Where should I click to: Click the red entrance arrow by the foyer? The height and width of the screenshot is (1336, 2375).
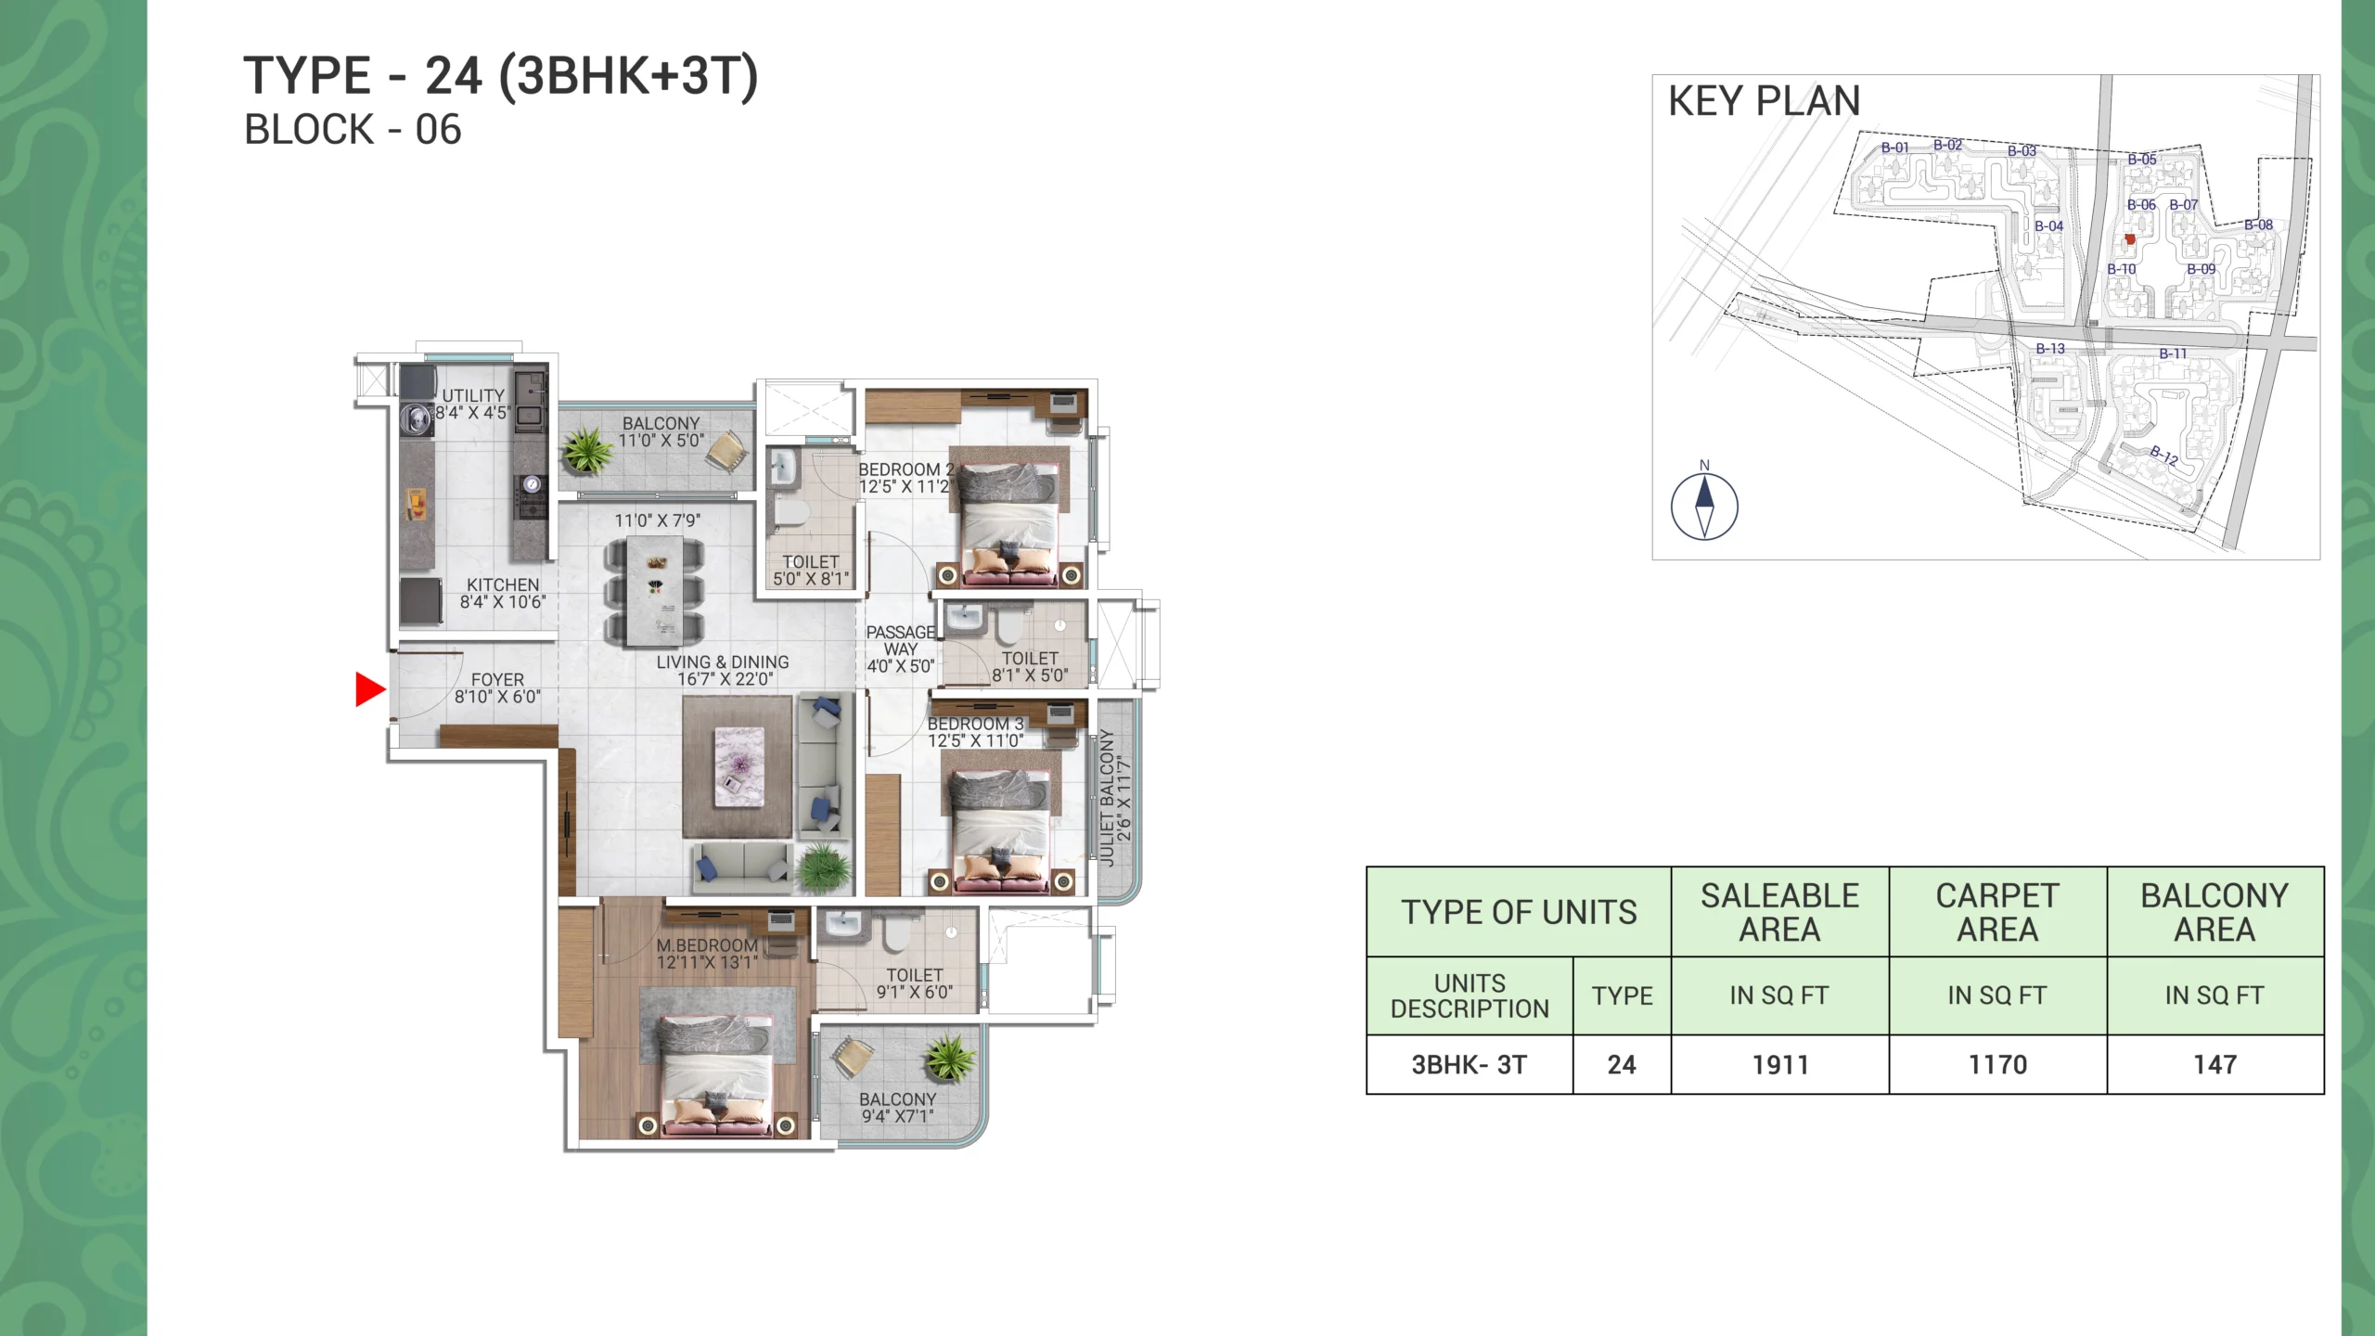370,689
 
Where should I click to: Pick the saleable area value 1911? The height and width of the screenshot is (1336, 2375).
1780,1064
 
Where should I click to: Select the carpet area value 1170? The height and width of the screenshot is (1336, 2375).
1997,1064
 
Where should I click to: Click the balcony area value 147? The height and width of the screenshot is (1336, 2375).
2215,1064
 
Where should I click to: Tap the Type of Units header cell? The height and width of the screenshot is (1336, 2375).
1519,912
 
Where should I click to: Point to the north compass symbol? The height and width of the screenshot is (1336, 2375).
1704,506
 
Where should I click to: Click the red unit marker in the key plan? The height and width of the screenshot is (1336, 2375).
2130,239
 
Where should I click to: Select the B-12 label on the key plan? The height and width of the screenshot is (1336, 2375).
2164,455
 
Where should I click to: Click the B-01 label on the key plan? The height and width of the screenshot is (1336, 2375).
1894,148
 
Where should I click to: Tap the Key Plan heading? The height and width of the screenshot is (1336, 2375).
1764,101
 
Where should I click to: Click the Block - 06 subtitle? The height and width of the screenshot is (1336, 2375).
353,130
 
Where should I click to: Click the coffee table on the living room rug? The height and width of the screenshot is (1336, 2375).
739,766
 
